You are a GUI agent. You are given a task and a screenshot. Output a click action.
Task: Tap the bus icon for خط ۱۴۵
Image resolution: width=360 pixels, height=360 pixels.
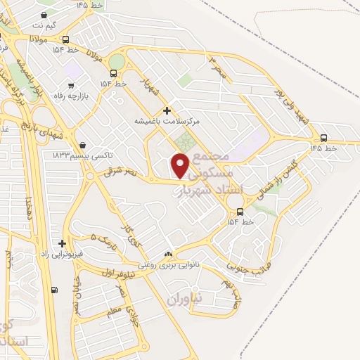(323, 138)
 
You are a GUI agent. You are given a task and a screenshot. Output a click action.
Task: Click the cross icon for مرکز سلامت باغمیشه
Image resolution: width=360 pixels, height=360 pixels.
(167, 110)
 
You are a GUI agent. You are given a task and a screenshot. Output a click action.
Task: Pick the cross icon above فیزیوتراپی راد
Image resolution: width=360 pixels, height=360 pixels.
(63, 243)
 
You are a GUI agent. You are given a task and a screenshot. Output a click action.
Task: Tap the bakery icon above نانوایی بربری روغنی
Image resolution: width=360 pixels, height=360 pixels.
(168, 255)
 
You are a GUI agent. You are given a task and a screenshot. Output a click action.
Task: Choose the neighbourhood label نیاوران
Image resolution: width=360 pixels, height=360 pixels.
(185, 298)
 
